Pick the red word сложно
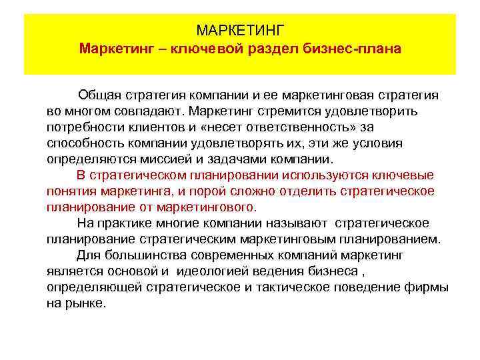click(227, 191)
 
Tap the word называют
click(301, 223)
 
